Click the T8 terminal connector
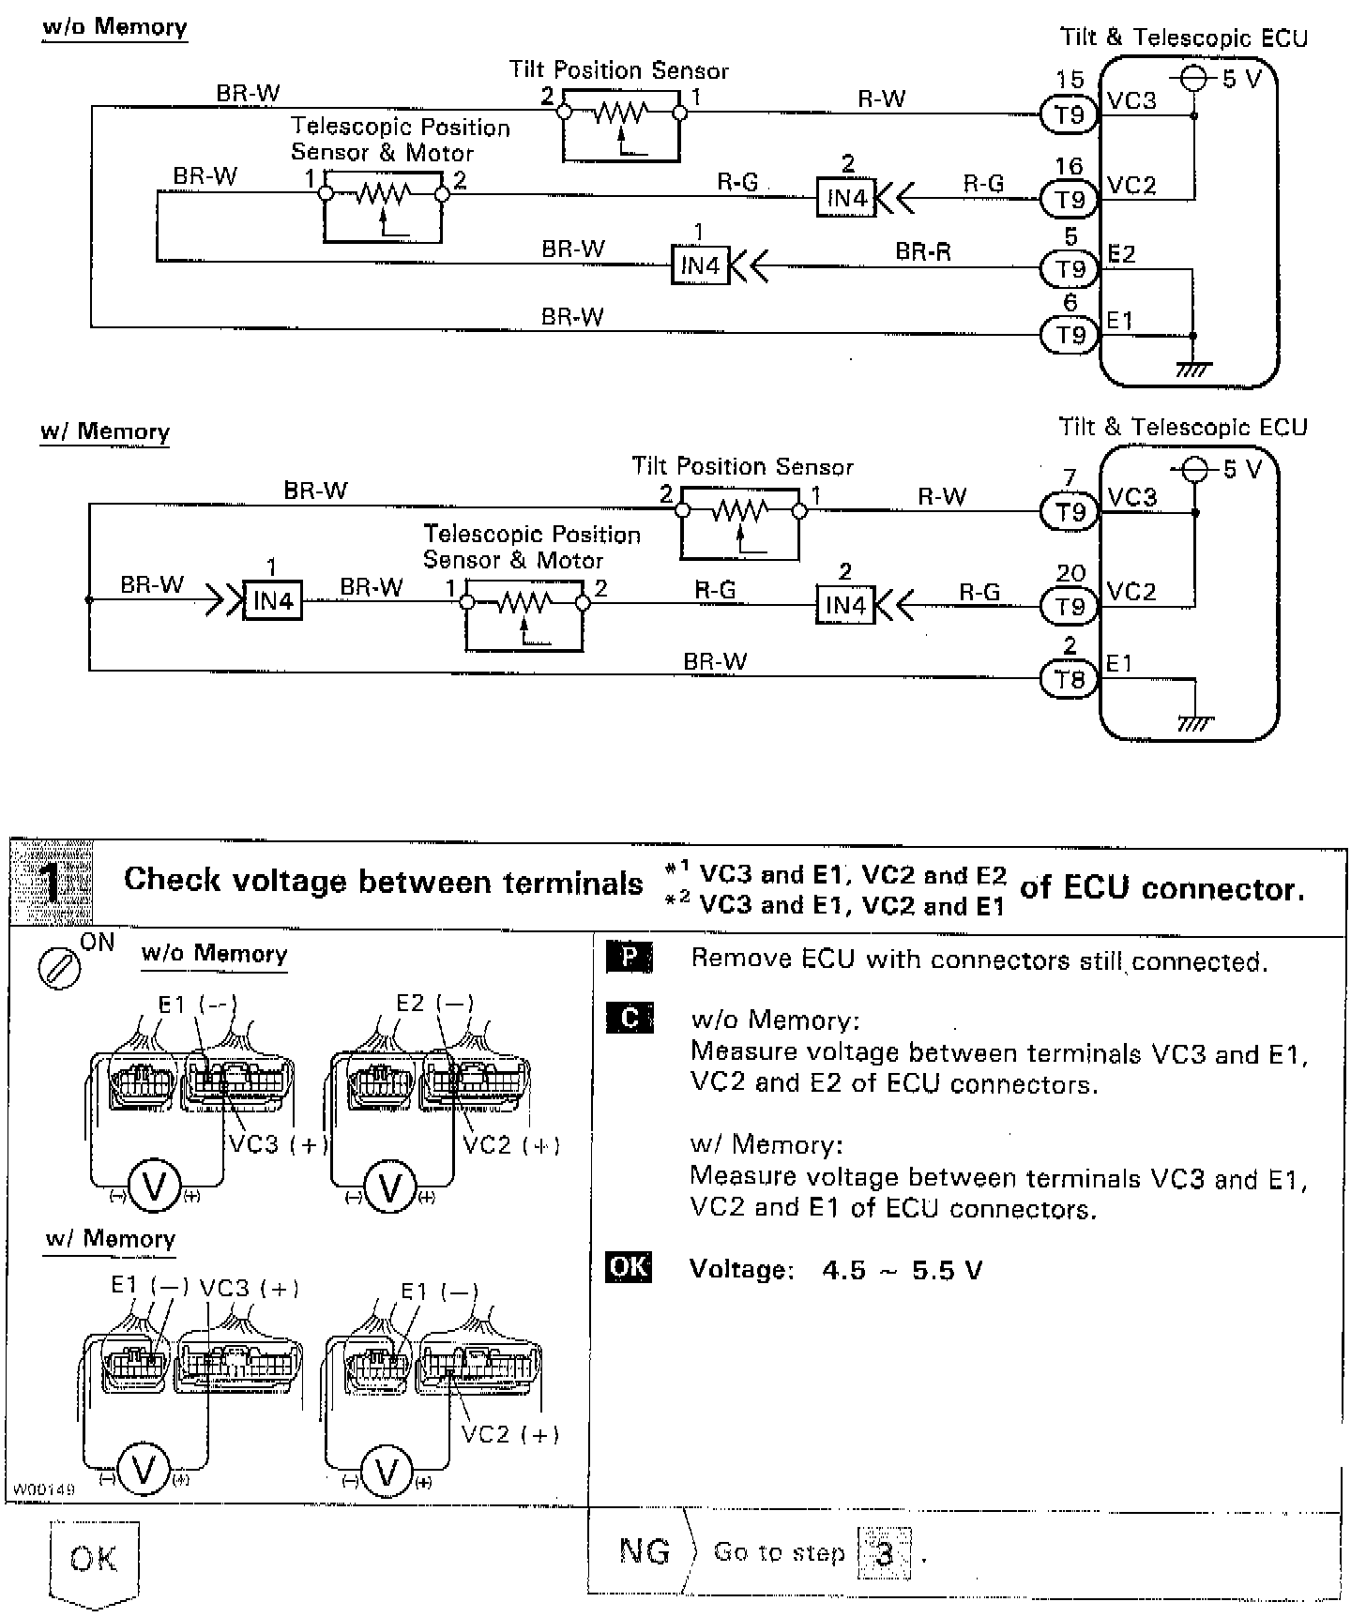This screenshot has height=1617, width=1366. tap(1070, 680)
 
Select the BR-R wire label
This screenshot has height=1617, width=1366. tap(923, 251)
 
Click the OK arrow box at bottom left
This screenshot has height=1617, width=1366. tap(94, 1561)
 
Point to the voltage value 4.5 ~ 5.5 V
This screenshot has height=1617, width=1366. tap(902, 1271)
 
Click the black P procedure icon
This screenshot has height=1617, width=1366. tap(630, 958)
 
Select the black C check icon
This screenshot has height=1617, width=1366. tap(630, 1019)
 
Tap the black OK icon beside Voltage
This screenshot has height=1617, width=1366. tap(629, 1267)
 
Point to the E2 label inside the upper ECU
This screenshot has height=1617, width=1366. tap(1122, 254)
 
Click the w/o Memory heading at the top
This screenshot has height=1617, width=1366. tap(114, 27)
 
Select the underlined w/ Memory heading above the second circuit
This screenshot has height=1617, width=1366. tap(105, 432)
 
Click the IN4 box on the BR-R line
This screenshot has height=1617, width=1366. tap(700, 266)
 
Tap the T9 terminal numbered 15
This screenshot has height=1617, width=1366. tap(1070, 114)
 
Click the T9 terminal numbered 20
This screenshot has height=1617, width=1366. tap(1070, 607)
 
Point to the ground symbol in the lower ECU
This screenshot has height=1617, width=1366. tap(1194, 721)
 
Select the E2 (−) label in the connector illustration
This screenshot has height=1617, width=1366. tap(434, 1004)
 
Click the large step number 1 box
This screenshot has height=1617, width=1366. tap(53, 882)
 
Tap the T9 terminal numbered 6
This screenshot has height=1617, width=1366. tap(1070, 335)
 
